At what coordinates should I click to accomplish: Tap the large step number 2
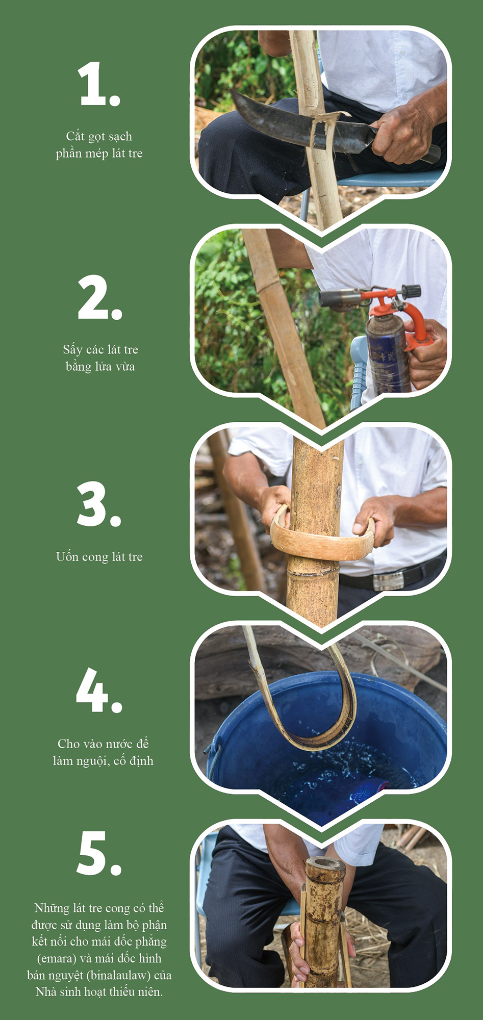(100, 298)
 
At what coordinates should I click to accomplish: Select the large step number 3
(99, 504)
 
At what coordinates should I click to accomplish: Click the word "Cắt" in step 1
(75, 136)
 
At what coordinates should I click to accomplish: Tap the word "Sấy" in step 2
(73, 350)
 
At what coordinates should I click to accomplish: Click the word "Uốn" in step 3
(67, 556)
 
